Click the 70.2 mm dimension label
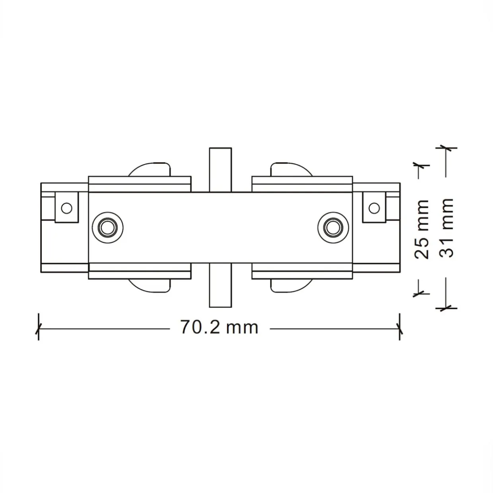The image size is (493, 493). point(219,327)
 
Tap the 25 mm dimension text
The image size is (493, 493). point(421,229)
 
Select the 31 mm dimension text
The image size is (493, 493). point(446,228)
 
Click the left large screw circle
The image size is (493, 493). point(108,227)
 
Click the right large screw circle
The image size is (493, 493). point(333,227)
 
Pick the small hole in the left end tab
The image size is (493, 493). point(67,208)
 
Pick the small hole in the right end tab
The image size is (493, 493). point(374,208)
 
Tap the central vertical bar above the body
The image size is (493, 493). point(220,170)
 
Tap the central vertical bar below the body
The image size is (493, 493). point(220,285)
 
